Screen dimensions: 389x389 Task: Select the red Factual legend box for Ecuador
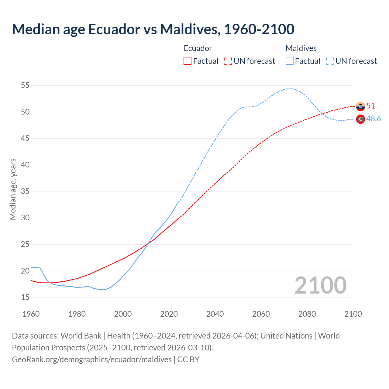(x=188, y=61)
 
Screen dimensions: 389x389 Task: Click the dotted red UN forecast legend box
(x=228, y=61)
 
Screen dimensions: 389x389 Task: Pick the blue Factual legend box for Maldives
(x=290, y=61)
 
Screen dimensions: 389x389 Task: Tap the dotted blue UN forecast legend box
(x=330, y=61)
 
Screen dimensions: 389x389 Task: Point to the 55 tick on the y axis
(x=25, y=85)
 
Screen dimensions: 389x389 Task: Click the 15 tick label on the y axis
(x=25, y=297)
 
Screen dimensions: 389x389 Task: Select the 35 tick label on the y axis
(x=25, y=191)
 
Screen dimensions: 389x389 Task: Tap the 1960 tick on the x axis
(x=31, y=314)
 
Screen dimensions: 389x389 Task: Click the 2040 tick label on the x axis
(x=215, y=314)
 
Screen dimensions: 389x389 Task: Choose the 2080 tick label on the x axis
(x=307, y=314)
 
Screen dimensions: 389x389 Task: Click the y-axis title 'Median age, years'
(x=13, y=189)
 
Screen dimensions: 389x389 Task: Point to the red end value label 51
(x=370, y=106)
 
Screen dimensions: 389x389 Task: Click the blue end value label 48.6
(x=374, y=119)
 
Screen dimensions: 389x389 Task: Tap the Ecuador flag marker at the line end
(x=360, y=106)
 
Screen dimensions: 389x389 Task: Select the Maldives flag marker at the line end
(x=360, y=119)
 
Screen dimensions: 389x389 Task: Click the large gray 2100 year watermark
(x=320, y=285)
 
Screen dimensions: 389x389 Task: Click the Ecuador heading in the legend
(x=198, y=48)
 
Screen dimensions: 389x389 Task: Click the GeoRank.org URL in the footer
(x=92, y=360)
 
